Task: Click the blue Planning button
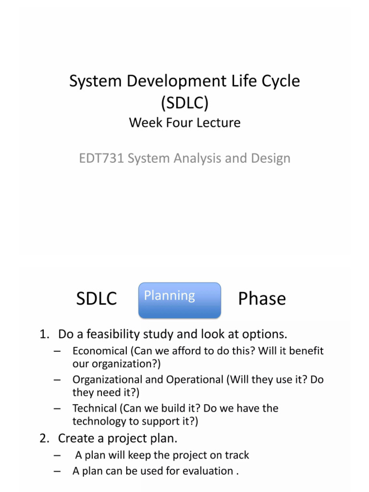(179, 300)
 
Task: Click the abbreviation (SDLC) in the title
(184, 102)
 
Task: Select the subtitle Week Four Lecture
(184, 123)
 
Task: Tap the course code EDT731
(101, 158)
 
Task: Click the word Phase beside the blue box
(262, 299)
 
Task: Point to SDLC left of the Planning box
(97, 299)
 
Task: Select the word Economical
(99, 351)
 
